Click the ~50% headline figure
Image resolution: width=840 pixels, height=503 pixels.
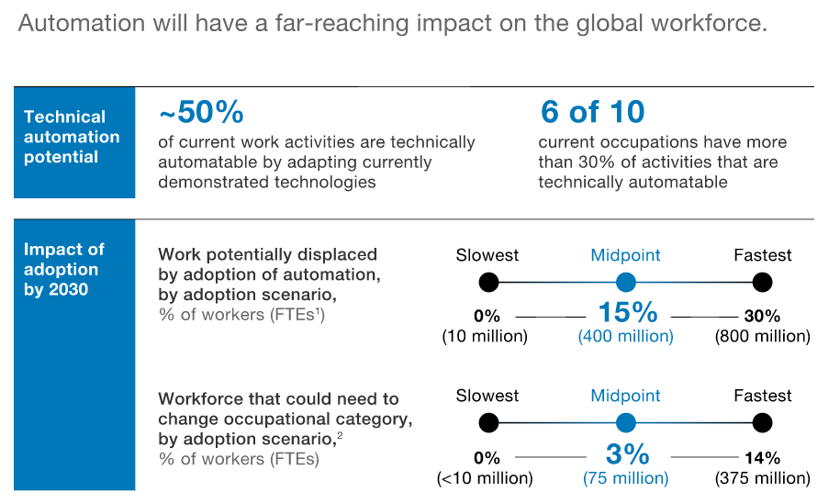(201, 112)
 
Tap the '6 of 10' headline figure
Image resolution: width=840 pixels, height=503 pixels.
(591, 112)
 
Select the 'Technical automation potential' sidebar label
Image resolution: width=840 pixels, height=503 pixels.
(72, 137)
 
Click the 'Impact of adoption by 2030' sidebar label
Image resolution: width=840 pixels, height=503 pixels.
(64, 269)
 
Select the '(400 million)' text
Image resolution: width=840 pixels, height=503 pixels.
(625, 337)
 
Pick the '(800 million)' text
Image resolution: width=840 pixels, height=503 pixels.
(762, 337)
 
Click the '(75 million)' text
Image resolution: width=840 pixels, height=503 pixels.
(625, 478)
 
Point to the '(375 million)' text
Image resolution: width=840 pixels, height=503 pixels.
(762, 478)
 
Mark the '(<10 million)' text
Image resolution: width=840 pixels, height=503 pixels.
(485, 478)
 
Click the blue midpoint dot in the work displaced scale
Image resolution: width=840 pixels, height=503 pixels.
(626, 281)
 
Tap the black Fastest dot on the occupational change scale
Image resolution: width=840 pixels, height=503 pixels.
(761, 422)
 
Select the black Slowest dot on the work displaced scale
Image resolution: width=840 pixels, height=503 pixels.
(488, 281)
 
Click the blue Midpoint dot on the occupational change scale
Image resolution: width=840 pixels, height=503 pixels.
(626, 422)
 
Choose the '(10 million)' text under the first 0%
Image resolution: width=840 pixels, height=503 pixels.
(485, 337)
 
